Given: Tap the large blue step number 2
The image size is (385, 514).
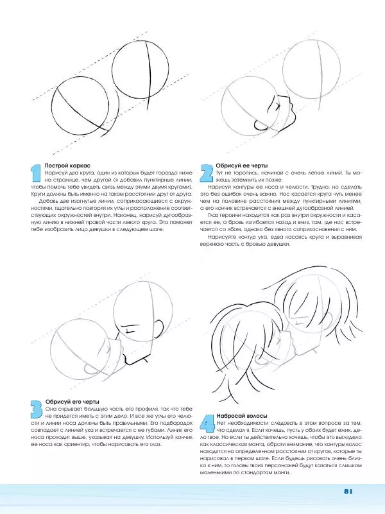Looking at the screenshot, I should tap(207, 173).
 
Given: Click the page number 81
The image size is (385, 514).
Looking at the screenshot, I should tap(349, 492).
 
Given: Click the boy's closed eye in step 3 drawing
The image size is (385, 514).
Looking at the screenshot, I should tap(130, 330).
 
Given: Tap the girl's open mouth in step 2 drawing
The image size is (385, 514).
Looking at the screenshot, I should tap(262, 122).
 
